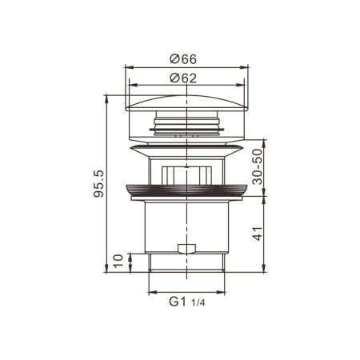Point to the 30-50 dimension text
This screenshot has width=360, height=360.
257,166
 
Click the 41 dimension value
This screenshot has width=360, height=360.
257,234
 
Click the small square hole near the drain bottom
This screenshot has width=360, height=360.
186,248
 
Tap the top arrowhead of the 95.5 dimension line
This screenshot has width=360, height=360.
106,98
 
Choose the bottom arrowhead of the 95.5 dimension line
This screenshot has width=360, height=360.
106,270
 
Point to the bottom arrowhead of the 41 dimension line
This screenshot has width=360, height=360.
265,270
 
